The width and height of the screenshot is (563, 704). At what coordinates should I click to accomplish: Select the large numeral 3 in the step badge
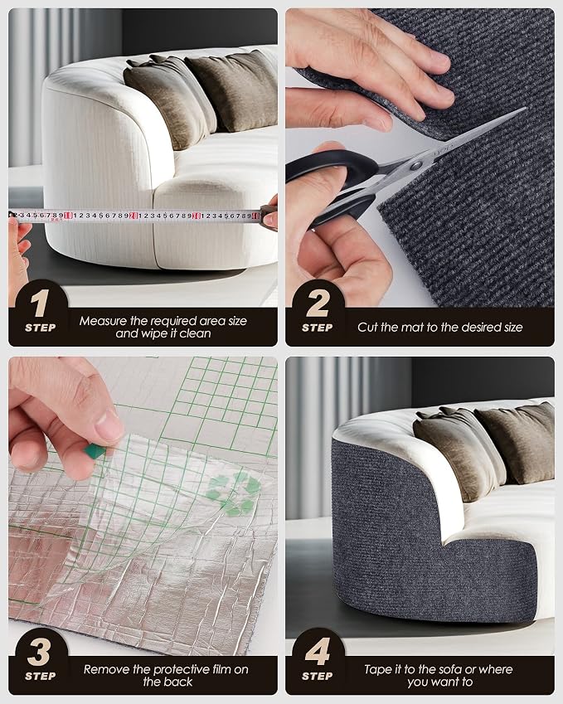40,652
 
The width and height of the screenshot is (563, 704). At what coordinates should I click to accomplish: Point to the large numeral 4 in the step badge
318,652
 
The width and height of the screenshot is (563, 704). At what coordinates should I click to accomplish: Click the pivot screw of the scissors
416,166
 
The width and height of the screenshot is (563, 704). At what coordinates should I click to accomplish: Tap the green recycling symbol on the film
234,494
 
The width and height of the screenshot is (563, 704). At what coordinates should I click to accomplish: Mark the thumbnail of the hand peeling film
107,425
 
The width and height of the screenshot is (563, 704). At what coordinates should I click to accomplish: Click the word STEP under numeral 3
41,676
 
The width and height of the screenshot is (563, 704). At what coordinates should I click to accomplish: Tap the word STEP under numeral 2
318,328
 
